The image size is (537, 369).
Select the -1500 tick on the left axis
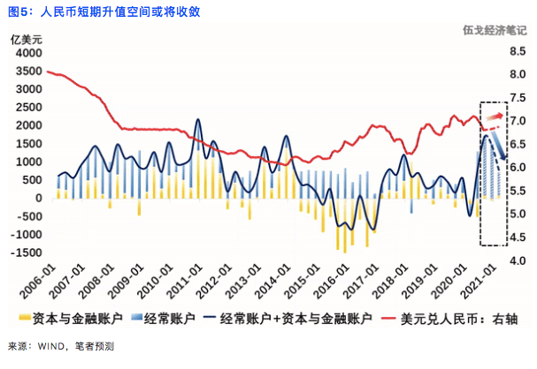[x=26, y=252]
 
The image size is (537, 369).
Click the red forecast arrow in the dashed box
[x=493, y=117]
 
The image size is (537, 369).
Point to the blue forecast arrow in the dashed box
[x=496, y=144]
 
